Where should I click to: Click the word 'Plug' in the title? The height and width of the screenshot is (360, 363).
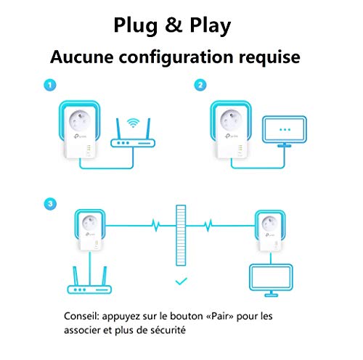click(x=136, y=26)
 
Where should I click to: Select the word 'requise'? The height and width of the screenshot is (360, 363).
click(x=269, y=58)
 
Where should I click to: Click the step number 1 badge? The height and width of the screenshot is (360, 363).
click(x=50, y=85)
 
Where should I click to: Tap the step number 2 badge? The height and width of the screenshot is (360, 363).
click(x=200, y=85)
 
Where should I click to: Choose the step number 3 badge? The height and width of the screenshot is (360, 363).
click(x=50, y=204)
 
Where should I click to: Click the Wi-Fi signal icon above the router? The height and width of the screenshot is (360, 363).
click(x=133, y=123)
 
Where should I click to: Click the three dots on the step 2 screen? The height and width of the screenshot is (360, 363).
click(x=285, y=130)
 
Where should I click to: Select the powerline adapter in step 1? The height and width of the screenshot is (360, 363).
click(x=79, y=130)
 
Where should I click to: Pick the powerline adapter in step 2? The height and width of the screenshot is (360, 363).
click(x=231, y=130)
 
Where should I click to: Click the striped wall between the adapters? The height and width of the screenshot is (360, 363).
click(x=181, y=235)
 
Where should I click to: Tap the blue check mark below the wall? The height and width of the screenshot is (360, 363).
click(x=181, y=281)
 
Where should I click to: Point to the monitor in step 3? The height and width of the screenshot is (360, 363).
click(x=271, y=280)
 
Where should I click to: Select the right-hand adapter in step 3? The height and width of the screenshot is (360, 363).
click(x=270, y=231)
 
